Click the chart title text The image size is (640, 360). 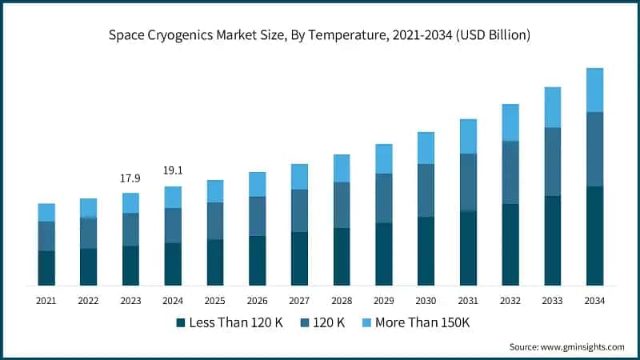[320, 35]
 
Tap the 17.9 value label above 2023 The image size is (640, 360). [130, 178]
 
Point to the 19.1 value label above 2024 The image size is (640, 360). [173, 170]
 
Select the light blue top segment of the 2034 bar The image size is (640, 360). [594, 90]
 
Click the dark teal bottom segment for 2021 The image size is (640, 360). [46, 268]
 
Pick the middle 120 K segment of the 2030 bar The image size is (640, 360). [426, 190]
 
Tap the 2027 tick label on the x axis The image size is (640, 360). [299, 301]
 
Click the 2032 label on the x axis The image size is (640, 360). [510, 301]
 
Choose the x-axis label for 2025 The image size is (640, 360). [214, 301]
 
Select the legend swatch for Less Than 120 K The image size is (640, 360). [181, 322]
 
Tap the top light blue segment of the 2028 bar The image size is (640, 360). [342, 168]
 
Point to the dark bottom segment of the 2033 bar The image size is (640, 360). [552, 240]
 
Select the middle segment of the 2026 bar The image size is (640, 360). [257, 216]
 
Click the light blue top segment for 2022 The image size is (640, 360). [88, 208]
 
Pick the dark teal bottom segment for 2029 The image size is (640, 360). [384, 254]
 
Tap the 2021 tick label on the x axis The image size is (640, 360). [46, 301]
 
